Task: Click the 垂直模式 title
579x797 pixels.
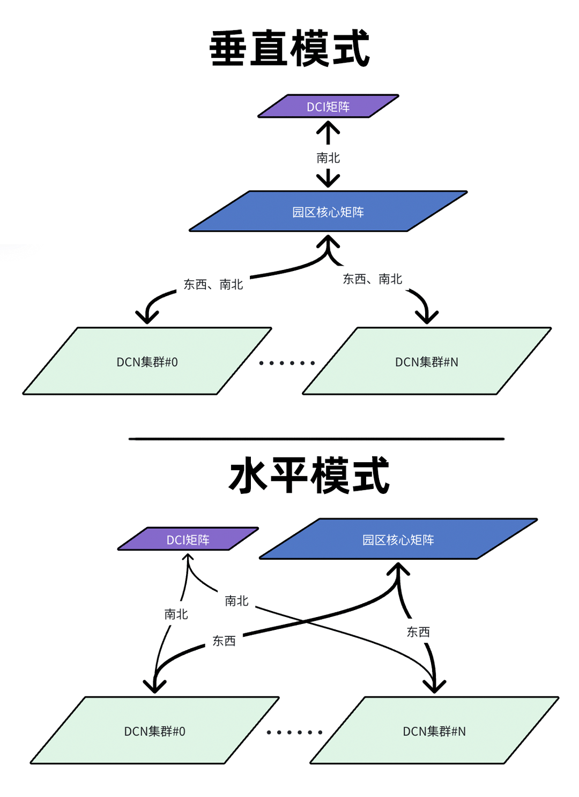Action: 289,48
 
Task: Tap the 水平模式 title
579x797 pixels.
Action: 309,475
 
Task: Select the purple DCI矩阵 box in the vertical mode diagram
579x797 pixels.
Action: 328,107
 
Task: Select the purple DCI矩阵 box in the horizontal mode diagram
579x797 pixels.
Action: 188,539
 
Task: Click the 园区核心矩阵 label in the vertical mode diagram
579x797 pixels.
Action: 328,212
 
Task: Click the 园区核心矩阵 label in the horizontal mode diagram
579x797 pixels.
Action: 398,539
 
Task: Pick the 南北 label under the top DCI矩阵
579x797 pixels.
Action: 328,158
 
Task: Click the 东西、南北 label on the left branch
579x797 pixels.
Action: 213,284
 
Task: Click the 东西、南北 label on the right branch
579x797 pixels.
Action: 373,279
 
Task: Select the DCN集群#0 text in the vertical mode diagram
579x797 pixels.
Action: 147,362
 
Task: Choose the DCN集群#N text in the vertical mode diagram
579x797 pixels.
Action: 427,362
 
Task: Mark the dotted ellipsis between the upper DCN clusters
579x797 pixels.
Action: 287,363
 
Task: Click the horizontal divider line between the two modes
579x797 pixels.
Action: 316,439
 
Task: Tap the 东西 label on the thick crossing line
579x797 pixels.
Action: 224,641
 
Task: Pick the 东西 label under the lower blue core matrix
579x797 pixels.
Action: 418,632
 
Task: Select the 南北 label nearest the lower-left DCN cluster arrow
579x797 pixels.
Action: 176,614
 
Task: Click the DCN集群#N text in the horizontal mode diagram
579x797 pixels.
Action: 434,731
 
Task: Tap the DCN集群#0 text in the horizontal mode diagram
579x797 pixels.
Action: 154,731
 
